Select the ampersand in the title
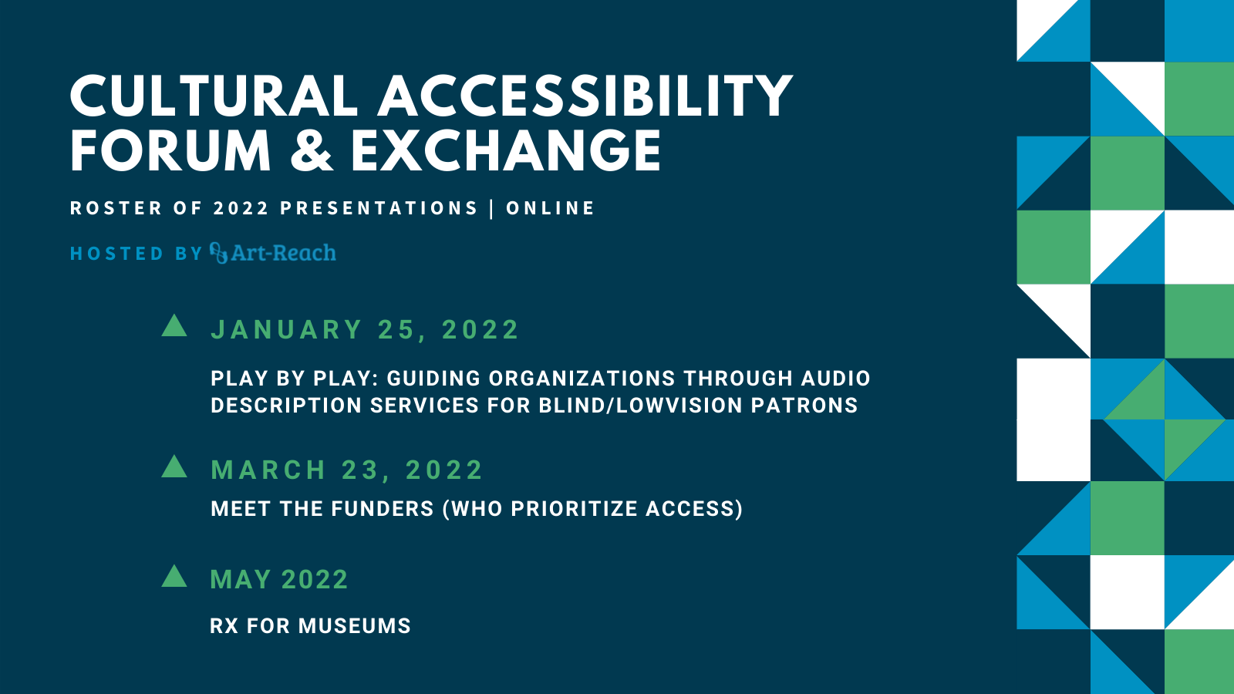312,151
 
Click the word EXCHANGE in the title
506,151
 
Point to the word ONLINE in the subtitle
551,208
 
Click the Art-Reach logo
273,253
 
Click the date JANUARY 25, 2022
365,329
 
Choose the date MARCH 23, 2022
346,470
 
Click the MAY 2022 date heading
279,579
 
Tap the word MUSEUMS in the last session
355,625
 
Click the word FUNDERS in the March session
383,508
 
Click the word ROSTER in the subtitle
116,208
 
